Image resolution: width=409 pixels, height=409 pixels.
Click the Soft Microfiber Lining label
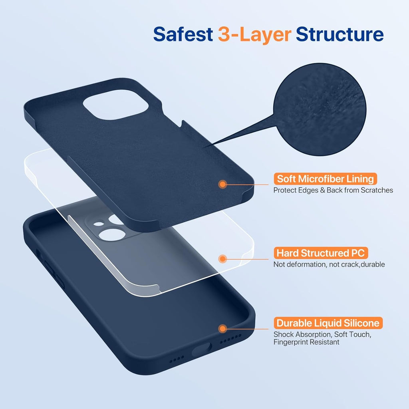pos(326,179)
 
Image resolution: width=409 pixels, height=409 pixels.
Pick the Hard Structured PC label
pos(321,253)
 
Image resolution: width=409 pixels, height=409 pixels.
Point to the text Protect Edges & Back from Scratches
pos(333,190)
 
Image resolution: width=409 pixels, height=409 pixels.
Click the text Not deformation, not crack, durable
pos(329,264)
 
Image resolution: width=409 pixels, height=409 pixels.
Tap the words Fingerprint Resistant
pos(306,342)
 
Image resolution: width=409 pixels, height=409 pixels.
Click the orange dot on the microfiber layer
pos(223,184)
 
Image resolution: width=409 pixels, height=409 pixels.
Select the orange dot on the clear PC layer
pos(223,259)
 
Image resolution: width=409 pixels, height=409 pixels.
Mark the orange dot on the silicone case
pos(223,329)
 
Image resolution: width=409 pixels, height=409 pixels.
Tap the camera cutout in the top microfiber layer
pos(117,106)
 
